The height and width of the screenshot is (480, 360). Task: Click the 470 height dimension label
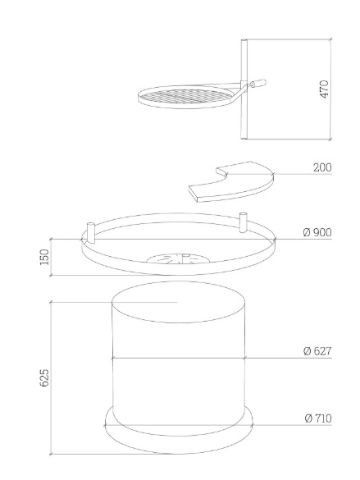coord(324,89)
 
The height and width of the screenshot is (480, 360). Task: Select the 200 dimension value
coord(322,167)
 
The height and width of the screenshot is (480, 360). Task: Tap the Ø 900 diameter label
coord(317,232)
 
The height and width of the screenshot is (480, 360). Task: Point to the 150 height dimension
coord(44,257)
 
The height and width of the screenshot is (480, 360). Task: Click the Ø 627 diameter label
coord(317,351)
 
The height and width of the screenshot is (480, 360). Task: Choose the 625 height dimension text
coord(44,377)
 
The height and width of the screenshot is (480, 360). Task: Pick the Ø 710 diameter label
coord(318,418)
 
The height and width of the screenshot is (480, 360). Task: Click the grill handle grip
coord(258,83)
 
